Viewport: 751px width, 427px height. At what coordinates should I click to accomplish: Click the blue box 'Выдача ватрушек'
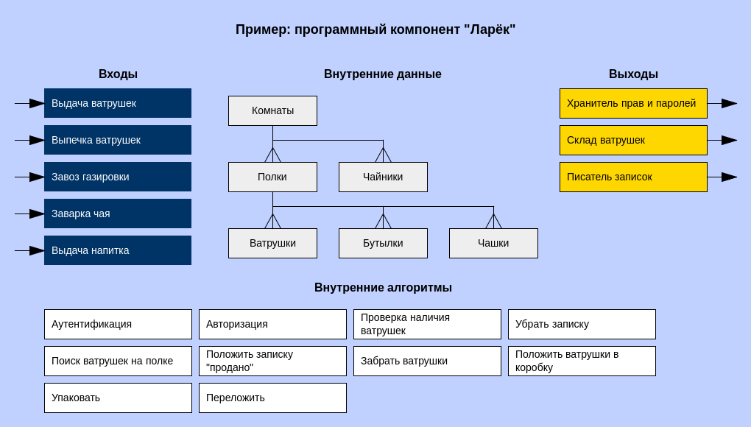coord(118,103)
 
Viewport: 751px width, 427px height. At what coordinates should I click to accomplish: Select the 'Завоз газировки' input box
coord(118,177)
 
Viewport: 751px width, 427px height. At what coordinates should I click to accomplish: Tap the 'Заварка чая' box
coord(118,213)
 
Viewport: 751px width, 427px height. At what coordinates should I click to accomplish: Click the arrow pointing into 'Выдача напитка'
coord(29,250)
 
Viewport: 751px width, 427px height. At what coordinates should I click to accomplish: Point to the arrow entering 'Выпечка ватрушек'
coord(29,140)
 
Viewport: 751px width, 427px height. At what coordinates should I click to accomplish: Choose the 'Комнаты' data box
coord(272,110)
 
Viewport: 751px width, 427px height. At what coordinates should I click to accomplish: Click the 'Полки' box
coord(272,177)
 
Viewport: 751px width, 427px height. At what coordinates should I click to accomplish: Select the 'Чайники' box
coord(383,177)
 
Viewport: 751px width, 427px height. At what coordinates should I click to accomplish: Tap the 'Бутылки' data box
coord(383,243)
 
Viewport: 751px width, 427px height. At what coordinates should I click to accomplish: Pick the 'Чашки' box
coord(493,243)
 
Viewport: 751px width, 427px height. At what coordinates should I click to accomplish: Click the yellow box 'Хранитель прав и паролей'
coord(633,103)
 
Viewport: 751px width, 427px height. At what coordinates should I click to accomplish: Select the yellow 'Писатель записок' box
coord(633,177)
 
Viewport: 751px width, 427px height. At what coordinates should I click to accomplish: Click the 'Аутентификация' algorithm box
coord(118,324)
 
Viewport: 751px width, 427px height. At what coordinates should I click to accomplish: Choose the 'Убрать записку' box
coord(582,324)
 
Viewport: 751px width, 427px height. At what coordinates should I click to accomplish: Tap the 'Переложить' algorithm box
coord(272,398)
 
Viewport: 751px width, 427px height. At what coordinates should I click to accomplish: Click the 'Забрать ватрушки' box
coord(427,361)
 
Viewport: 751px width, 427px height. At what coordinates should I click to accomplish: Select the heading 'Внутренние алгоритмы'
coord(383,288)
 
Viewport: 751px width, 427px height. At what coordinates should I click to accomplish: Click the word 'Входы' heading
coord(118,74)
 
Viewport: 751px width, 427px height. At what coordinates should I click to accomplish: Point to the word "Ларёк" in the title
coord(490,30)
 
